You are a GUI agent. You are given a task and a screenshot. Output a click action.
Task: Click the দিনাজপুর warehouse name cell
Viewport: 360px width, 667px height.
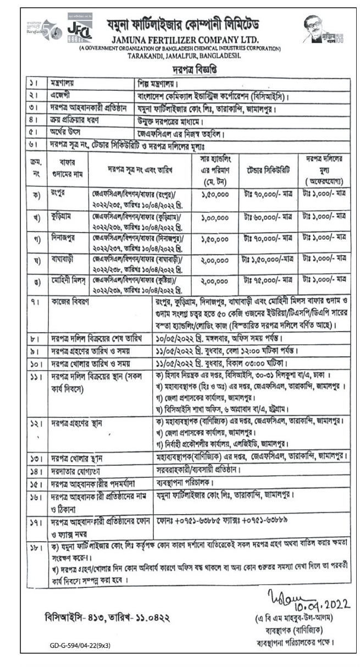63,238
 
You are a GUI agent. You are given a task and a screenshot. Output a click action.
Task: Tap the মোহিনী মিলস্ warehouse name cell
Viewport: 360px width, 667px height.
65,279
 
